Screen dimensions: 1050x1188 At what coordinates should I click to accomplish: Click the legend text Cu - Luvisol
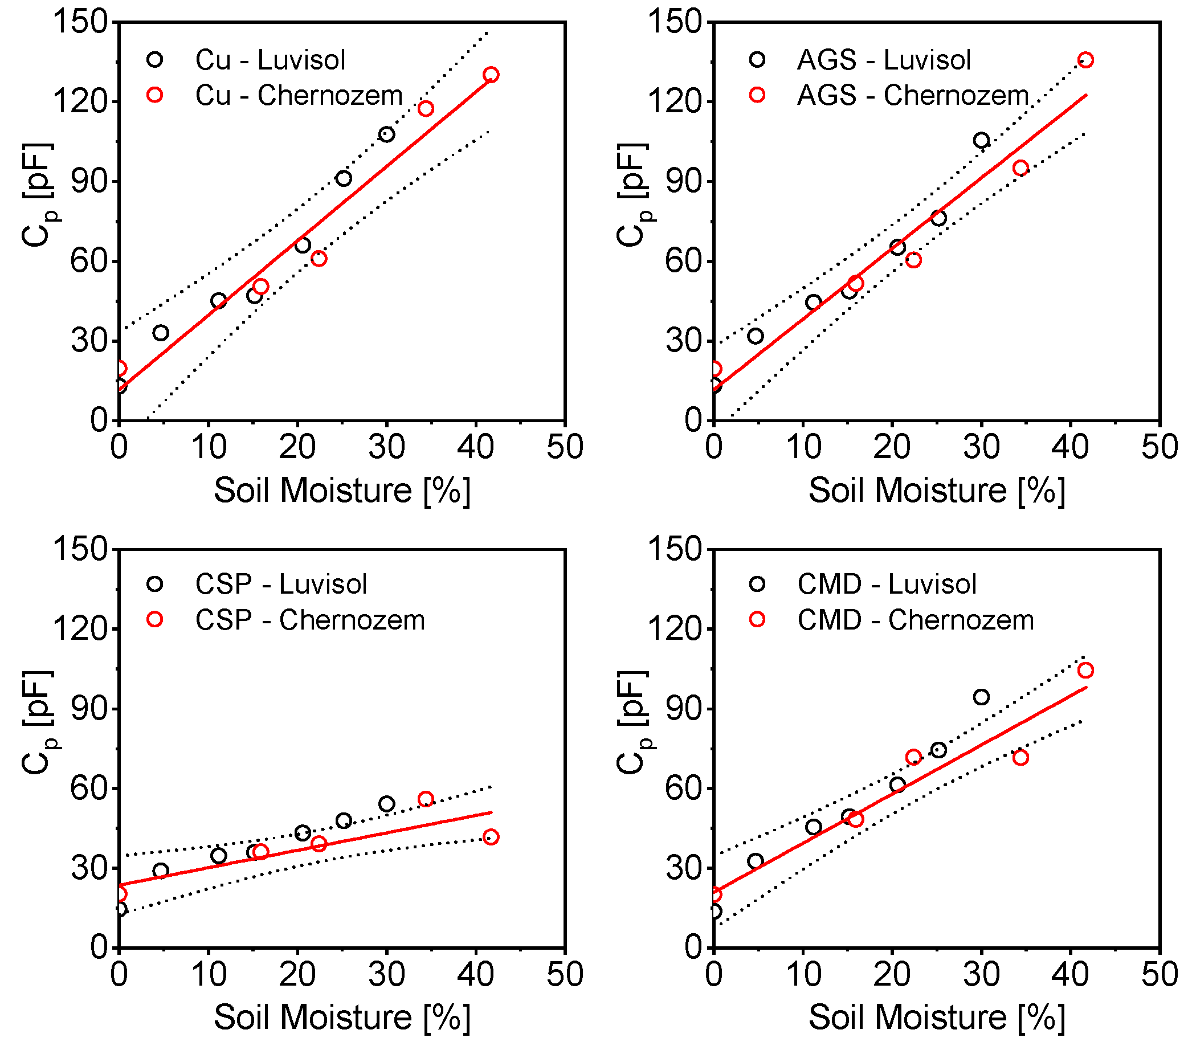pyautogui.click(x=270, y=60)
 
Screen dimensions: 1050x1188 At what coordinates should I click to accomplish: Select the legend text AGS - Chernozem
pyautogui.click(x=912, y=95)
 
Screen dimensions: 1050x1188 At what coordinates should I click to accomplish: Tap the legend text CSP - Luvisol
pyautogui.click(x=281, y=584)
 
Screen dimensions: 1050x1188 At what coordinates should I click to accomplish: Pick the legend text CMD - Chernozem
pyautogui.click(x=916, y=620)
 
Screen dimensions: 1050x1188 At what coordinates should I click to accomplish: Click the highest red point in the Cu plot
pyautogui.click(x=491, y=75)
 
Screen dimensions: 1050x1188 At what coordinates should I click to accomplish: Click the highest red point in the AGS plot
pyautogui.click(x=1085, y=60)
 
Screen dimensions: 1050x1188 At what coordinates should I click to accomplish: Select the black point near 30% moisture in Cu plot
pyautogui.click(x=386, y=134)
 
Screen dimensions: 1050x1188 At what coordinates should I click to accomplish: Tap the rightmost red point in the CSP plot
pyautogui.click(x=491, y=837)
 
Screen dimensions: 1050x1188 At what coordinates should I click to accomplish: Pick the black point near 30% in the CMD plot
pyautogui.click(x=981, y=697)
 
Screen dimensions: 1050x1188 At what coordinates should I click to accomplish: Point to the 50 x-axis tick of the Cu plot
pyautogui.click(x=564, y=447)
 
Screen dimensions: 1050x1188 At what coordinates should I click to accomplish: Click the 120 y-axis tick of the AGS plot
pyautogui.click(x=675, y=101)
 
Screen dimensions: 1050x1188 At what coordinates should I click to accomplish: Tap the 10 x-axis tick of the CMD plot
pyautogui.click(x=803, y=974)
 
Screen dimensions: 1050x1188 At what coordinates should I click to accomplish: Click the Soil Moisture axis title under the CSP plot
pyautogui.click(x=342, y=1018)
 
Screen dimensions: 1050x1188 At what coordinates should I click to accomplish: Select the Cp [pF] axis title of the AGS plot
pyautogui.click(x=632, y=195)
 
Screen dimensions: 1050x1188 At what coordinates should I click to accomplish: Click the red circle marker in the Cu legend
pyautogui.click(x=154, y=95)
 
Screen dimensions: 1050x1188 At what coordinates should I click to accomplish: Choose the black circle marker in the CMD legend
pyautogui.click(x=757, y=584)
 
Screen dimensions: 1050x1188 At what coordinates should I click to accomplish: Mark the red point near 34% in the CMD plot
pyautogui.click(x=1020, y=757)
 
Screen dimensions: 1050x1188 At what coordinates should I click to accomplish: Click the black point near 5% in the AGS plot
pyautogui.click(x=755, y=336)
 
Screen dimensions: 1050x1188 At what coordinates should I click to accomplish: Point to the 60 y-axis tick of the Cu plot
pyautogui.click(x=89, y=262)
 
